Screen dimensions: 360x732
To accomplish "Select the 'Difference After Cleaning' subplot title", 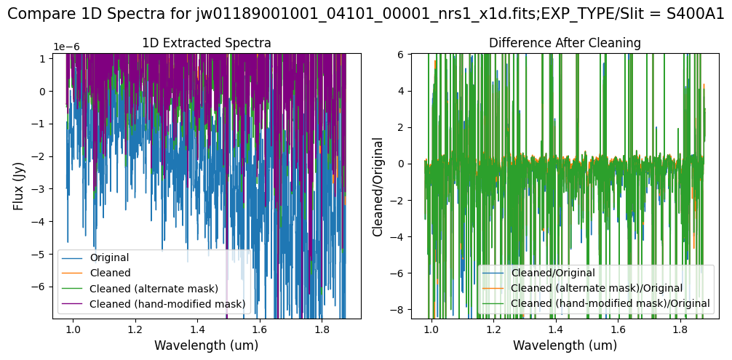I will coord(565,44).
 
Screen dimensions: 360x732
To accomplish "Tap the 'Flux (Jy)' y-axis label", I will coord(17,185).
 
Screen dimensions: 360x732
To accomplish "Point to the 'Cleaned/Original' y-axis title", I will coord(378,185).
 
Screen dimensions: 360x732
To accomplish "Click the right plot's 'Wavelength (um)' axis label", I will coord(565,345).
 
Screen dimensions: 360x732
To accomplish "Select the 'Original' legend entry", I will coord(109,257).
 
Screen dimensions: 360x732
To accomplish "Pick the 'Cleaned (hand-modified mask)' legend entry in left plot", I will coord(167,303).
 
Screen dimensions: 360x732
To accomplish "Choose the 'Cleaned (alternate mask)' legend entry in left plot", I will coord(154,289).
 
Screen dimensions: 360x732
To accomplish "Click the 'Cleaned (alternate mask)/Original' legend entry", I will coord(597,288).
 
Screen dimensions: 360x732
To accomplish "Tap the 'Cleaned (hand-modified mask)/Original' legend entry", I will coord(610,303).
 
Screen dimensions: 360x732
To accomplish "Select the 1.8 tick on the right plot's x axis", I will coord(680,329).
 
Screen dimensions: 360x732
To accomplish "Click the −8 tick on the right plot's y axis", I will coord(399,309).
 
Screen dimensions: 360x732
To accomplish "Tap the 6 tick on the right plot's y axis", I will coord(402,54).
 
